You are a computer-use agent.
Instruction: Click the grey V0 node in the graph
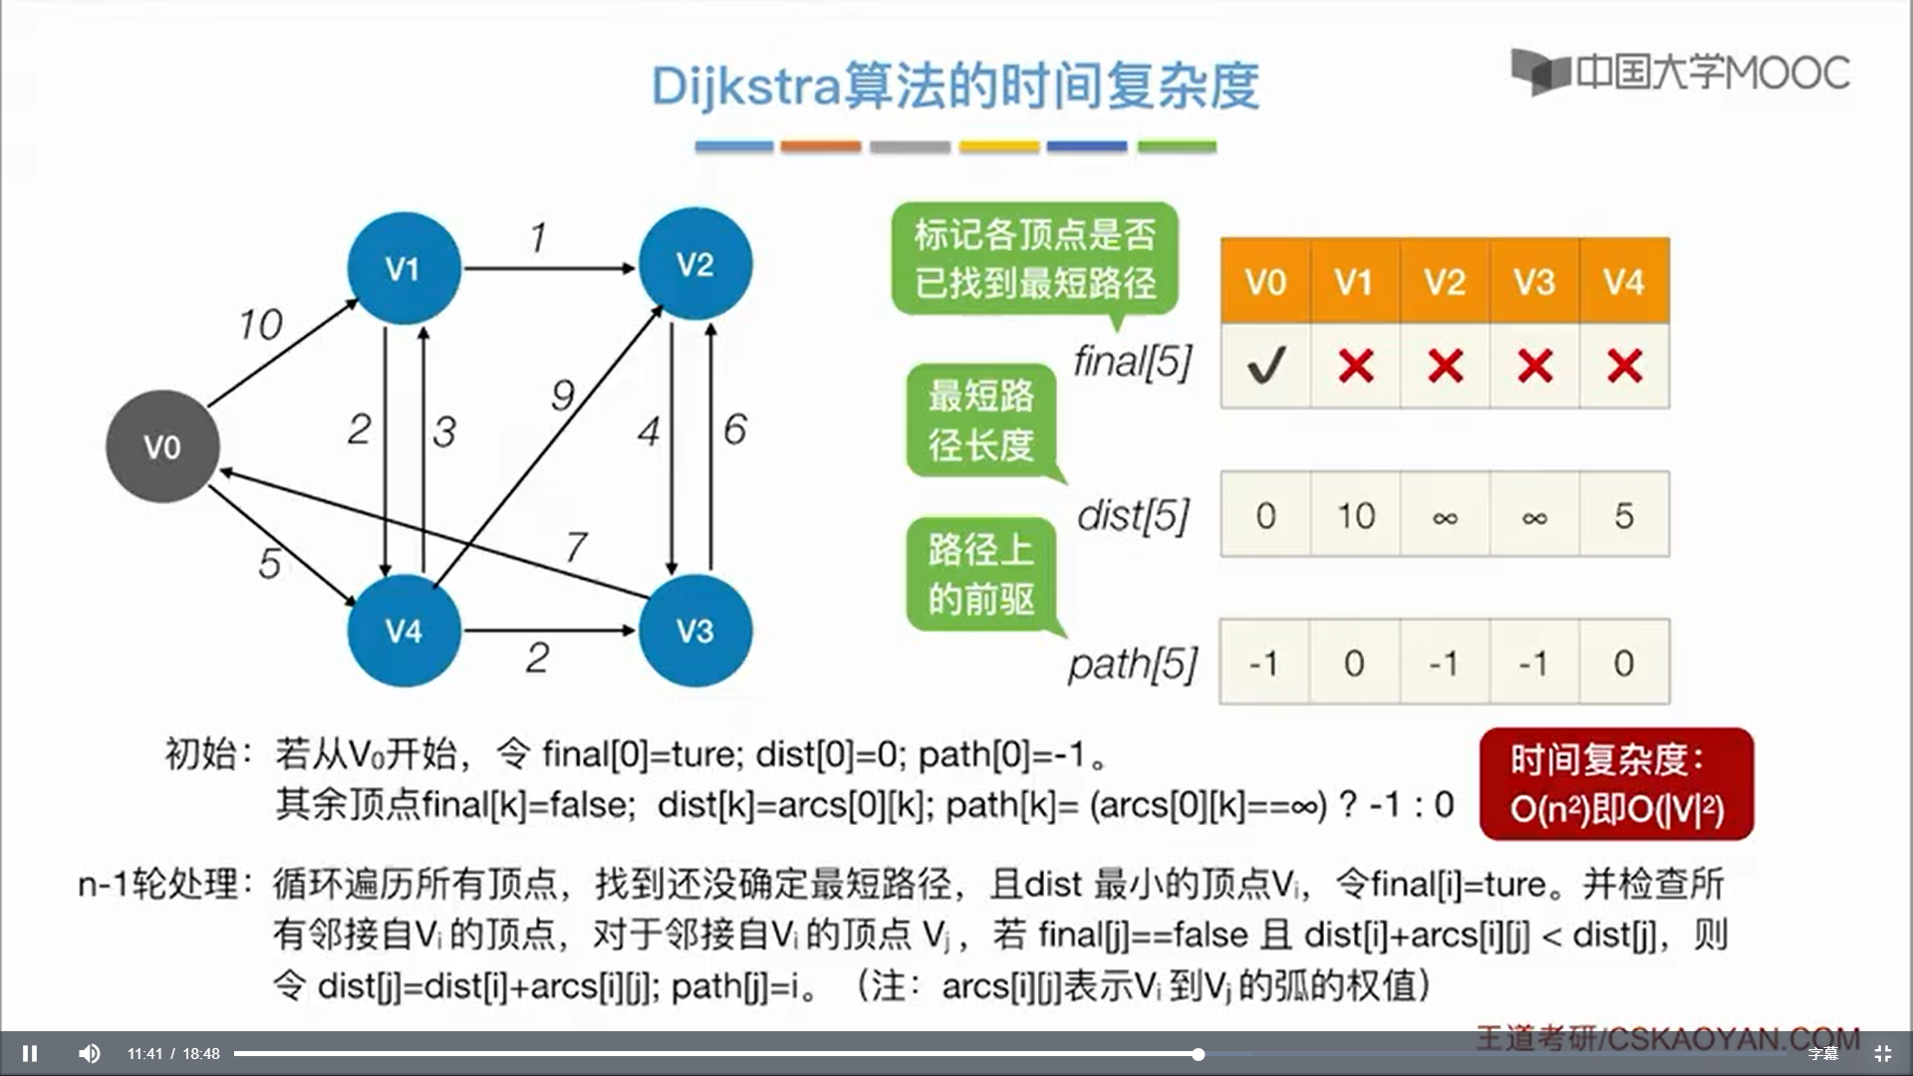pos(162,446)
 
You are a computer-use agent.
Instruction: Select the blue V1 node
pos(404,268)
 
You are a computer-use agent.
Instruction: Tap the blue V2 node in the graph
pos(694,264)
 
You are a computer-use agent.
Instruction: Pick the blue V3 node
pos(694,630)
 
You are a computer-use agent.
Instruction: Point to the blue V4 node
pos(404,630)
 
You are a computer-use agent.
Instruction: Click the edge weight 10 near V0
pos(261,325)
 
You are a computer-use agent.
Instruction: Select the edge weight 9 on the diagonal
pos(563,396)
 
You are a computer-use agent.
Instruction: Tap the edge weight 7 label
pos(576,547)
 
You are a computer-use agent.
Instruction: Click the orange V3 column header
pos(1534,282)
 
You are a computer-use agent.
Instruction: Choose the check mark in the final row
pos(1265,366)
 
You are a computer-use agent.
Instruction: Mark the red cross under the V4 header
pos(1624,366)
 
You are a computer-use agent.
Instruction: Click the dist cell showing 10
pos(1355,515)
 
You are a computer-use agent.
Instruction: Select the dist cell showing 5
pos(1624,515)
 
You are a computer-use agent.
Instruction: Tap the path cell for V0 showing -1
pos(1264,663)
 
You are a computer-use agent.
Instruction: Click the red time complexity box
pos(1616,784)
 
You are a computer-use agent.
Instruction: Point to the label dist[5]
pos(1134,515)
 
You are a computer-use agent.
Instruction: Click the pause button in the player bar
pos(30,1053)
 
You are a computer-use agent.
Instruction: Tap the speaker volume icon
pos(90,1053)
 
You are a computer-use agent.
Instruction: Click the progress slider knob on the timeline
pos(1199,1053)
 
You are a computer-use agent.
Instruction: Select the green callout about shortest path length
pos(981,420)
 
